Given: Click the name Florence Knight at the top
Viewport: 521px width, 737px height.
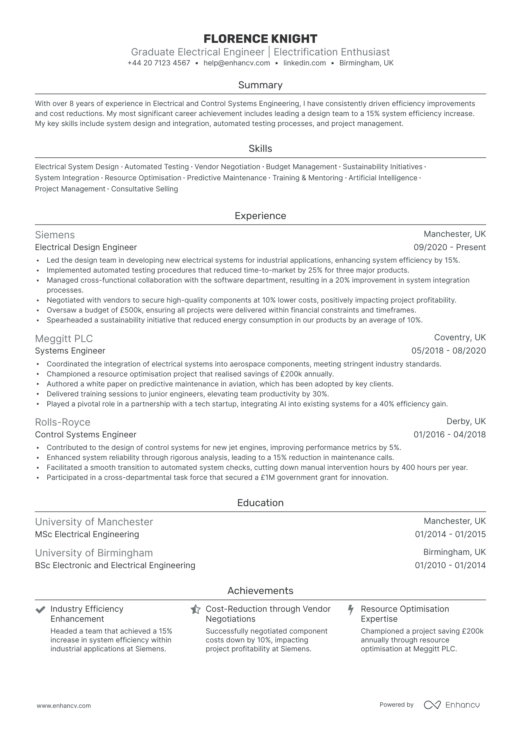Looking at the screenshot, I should pyautogui.click(x=260, y=39).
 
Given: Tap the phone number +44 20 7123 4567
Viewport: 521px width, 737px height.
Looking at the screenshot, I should pyautogui.click(x=159, y=63).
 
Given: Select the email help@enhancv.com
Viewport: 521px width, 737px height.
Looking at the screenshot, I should pyautogui.click(x=236, y=63).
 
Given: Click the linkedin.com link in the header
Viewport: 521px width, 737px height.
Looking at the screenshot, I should pyautogui.click(x=304, y=63).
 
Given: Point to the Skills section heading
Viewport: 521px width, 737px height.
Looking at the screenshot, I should pyautogui.click(x=260, y=149).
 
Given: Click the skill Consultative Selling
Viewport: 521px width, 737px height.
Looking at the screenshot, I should pyautogui.click(x=144, y=189).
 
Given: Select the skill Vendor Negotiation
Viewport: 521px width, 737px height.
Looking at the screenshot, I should pyautogui.click(x=227, y=167).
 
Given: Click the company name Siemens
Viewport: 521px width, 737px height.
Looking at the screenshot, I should pyautogui.click(x=55, y=235).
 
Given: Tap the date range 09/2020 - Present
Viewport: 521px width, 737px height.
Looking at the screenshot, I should pyautogui.click(x=449, y=248).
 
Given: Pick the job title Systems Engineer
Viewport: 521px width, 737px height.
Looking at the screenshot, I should pyautogui.click(x=70, y=351).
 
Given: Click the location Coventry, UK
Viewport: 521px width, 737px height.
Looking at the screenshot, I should pyautogui.click(x=460, y=338).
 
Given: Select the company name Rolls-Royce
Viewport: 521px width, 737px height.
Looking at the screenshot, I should pyautogui.click(x=62, y=422).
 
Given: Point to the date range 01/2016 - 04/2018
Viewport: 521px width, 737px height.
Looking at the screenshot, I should pyautogui.click(x=449, y=435).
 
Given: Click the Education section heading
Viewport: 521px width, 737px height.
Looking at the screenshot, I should pyautogui.click(x=260, y=503).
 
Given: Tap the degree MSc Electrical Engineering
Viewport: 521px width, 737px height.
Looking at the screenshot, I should pyautogui.click(x=87, y=535).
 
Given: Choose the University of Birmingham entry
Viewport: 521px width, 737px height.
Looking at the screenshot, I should pyautogui.click(x=94, y=553).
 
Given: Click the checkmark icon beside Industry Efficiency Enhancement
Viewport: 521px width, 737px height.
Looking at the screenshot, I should pyautogui.click(x=40, y=610).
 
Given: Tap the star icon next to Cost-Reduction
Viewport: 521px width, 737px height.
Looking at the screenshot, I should pyautogui.click(x=195, y=610).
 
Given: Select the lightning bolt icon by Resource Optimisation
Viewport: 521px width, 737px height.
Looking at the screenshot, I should pyautogui.click(x=351, y=610).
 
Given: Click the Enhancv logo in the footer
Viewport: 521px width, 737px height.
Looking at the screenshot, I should pyautogui.click(x=452, y=705).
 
